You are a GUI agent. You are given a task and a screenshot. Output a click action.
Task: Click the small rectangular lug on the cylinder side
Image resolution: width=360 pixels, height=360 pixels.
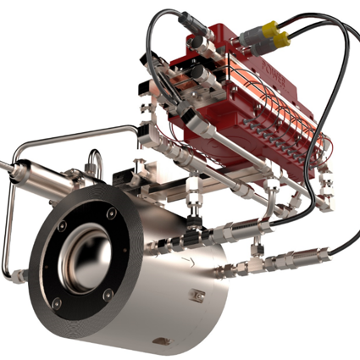(x=198, y=296)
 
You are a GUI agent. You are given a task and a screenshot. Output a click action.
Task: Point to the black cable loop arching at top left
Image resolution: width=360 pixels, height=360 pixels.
(x=169, y=34)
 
